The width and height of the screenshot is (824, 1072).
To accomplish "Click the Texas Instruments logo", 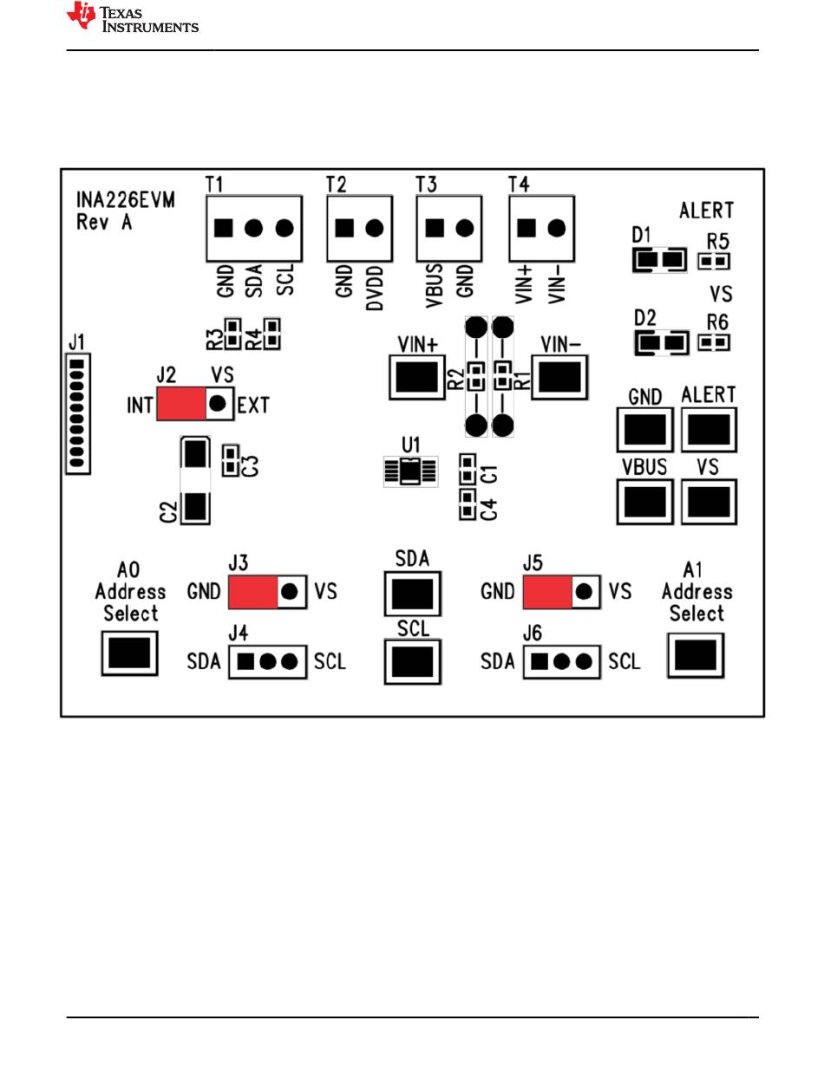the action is coord(133,17).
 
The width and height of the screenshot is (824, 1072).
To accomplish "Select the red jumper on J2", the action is coord(181,403).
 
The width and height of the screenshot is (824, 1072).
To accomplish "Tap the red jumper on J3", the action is coord(252,591).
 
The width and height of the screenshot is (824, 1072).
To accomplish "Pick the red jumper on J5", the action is coord(547,591).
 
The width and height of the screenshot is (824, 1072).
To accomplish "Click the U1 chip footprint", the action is coord(410,471).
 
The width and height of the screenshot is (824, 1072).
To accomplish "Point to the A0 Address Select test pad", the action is coord(129,653).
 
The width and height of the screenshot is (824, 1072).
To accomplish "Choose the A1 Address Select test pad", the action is coord(695,655).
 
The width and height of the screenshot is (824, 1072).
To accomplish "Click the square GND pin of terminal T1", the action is coord(223,228).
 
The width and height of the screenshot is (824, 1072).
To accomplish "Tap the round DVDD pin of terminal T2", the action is coord(374,228).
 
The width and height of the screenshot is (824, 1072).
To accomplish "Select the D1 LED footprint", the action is coord(659,259).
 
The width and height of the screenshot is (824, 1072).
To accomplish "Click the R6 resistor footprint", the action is coord(713,341).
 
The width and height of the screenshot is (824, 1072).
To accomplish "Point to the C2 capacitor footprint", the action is coord(195,480).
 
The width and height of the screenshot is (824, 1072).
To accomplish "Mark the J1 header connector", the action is coord(77,413).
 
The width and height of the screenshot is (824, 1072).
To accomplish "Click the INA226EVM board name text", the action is coord(126,200).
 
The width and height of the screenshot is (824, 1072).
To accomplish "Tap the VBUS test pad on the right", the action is coord(644,502).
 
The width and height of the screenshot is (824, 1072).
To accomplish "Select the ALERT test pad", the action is coord(709,430).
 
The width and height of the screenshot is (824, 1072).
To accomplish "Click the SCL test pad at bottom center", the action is coord(412,661).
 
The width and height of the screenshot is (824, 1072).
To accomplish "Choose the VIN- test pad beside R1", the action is coord(559,377).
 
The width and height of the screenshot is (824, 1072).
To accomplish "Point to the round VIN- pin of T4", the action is coord(556,228).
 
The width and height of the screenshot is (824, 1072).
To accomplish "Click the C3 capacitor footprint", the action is coord(230,460).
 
